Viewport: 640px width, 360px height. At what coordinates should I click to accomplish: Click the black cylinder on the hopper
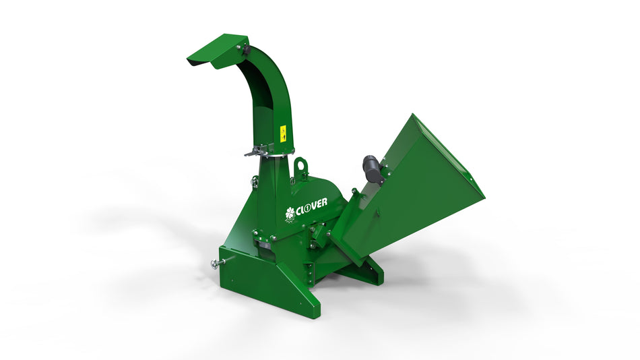tap(373, 167)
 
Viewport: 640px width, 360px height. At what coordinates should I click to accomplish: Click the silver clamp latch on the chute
tap(260, 151)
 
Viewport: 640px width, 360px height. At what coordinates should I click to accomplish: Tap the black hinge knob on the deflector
tap(245, 50)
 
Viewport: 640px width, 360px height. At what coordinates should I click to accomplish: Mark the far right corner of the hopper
tap(483, 197)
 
